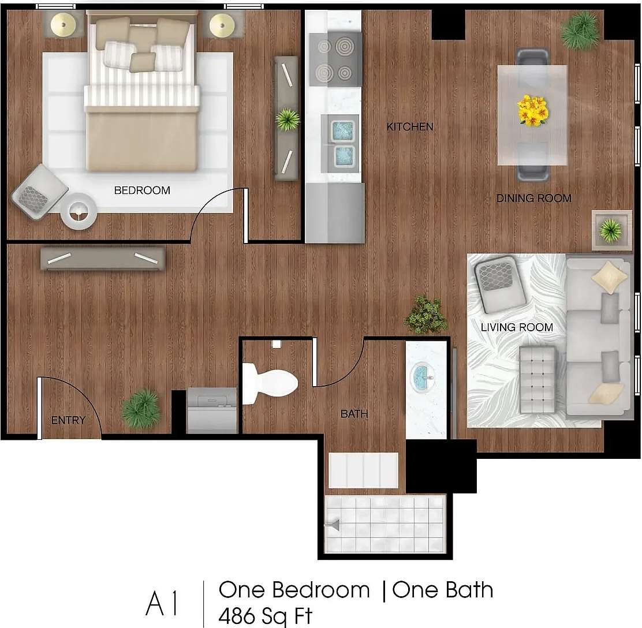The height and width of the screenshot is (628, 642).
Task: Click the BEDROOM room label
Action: [x=142, y=190]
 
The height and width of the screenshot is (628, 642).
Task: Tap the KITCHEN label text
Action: [x=410, y=126]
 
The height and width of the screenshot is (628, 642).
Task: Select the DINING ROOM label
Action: [x=533, y=199]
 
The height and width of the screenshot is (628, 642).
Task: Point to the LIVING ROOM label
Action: [x=517, y=328]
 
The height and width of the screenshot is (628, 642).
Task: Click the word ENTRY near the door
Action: [x=68, y=420]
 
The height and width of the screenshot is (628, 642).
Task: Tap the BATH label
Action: [x=354, y=413]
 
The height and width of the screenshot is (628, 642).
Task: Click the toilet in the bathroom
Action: [x=268, y=380]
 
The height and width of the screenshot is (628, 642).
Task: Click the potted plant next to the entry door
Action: [x=141, y=408]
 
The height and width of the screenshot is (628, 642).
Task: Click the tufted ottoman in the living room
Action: [x=536, y=378]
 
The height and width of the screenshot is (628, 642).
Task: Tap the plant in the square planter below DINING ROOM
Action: [x=610, y=230]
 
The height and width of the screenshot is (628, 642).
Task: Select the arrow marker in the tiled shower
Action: [x=333, y=525]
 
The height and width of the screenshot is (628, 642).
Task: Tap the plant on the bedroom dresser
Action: [x=287, y=119]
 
